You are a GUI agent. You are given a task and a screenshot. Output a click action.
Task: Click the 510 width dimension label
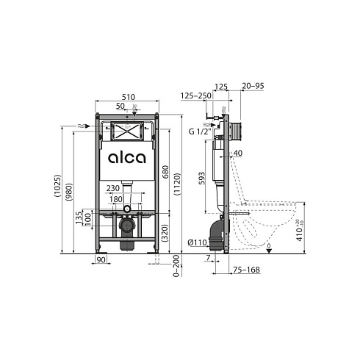pyautogui.click(x=129, y=97)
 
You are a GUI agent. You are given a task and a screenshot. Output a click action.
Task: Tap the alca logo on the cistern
pyautogui.click(x=127, y=158)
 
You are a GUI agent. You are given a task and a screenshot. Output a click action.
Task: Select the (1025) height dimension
pyautogui.click(x=57, y=186)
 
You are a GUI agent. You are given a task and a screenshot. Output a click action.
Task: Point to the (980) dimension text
pyautogui.click(x=69, y=192)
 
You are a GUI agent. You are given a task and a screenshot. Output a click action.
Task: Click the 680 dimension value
pyautogui.click(x=166, y=172)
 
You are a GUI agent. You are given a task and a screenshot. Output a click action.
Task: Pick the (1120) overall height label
pyautogui.click(x=177, y=184)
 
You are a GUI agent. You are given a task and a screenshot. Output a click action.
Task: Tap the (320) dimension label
pyautogui.click(x=165, y=233)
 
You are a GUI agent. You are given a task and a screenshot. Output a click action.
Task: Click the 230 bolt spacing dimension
pyautogui.click(x=113, y=188)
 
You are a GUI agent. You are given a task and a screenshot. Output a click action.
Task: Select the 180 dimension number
pyautogui.click(x=115, y=199)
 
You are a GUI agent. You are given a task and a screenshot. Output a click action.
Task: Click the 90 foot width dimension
pyautogui.click(x=101, y=259)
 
